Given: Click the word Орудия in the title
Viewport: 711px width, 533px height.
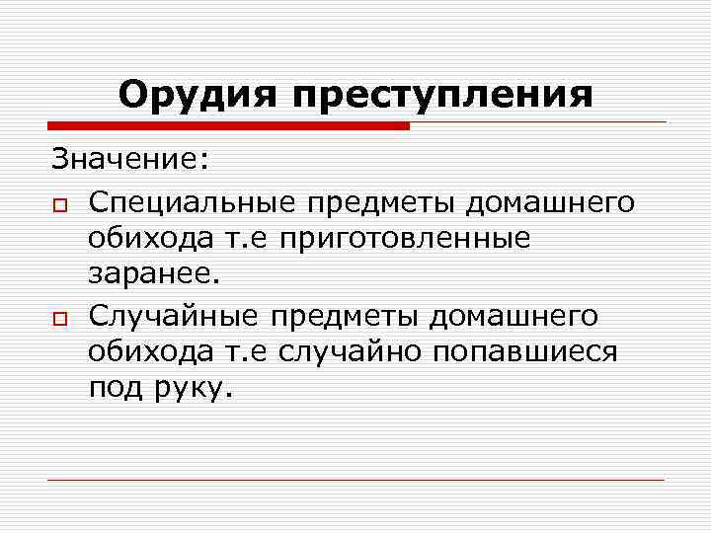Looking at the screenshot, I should click(197, 95).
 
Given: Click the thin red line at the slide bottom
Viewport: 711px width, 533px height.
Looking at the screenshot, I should click(355, 481).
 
